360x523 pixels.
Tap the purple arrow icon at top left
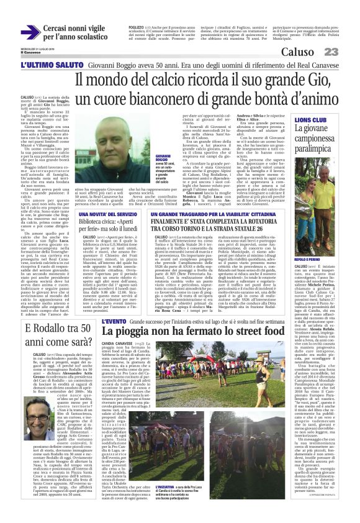[x=30, y=32]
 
